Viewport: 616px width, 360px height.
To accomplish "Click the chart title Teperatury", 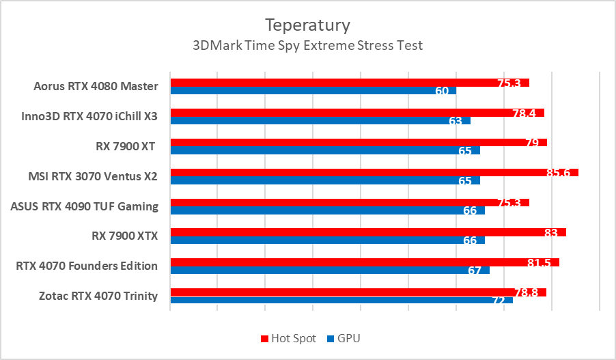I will [x=307, y=25].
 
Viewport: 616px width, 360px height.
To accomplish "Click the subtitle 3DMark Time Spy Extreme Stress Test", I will [x=307, y=46].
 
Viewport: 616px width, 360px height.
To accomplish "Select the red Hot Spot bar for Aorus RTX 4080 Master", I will [x=341, y=83].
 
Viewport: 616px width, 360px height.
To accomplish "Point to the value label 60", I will [x=441, y=91].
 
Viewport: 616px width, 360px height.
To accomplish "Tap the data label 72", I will [x=499, y=301].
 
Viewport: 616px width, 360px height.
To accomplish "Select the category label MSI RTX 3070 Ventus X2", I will [x=93, y=176].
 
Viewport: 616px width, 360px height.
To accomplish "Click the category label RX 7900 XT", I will [x=126, y=146].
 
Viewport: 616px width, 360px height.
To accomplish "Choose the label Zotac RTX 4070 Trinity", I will [x=98, y=296].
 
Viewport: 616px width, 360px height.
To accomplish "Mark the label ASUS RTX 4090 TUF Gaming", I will [x=85, y=206].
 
